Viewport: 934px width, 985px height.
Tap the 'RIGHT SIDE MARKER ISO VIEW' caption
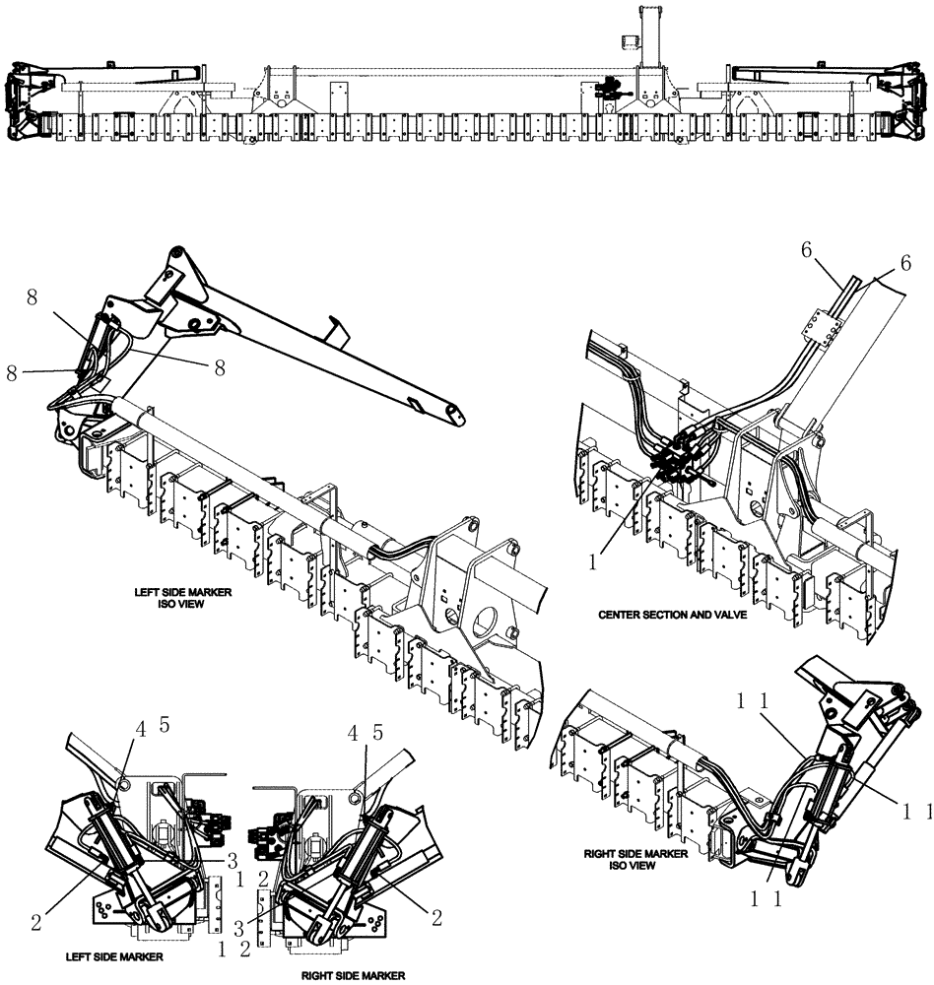[x=634, y=859]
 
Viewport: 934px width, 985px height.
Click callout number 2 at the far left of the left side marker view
[x=35, y=922]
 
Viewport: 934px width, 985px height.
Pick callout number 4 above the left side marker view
[x=141, y=730]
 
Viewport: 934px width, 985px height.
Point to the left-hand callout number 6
[x=805, y=252]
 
